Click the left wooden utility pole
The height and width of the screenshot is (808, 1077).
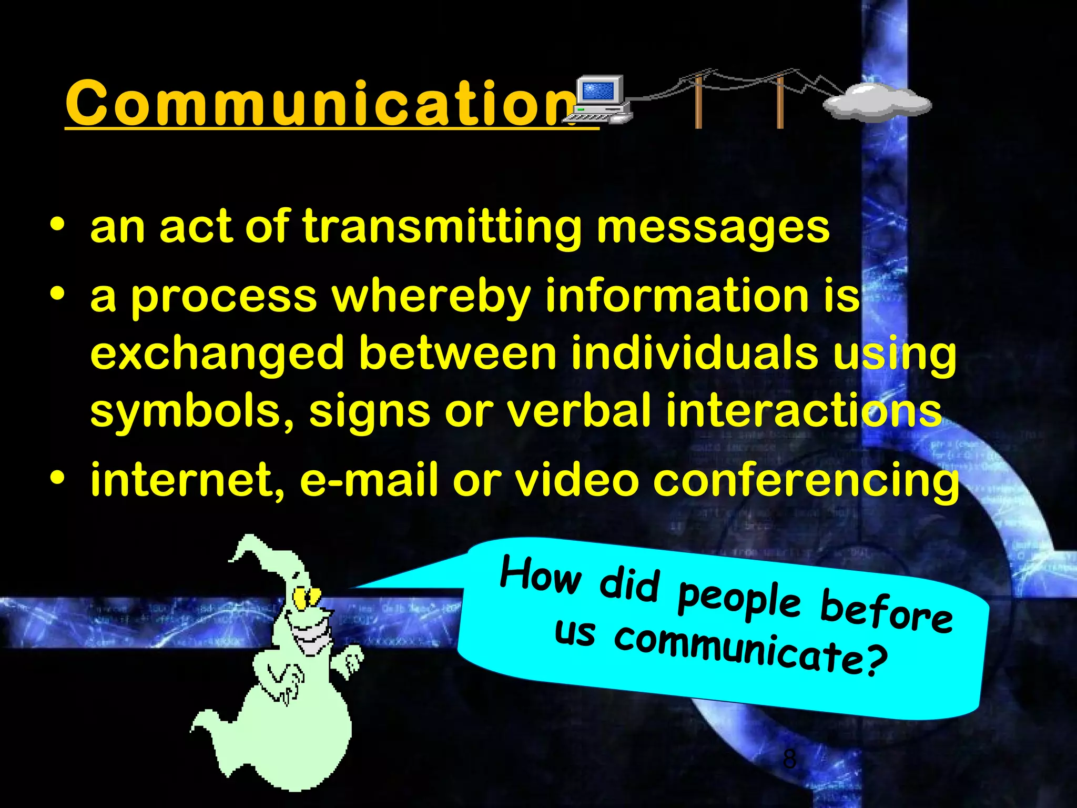tap(698, 103)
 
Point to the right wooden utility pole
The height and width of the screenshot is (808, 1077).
tap(780, 103)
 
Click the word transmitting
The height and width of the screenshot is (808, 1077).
tap(442, 227)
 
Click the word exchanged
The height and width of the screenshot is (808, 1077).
tap(217, 354)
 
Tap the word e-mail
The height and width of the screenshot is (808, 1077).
tap(368, 480)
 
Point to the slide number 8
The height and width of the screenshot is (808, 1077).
tap(789, 759)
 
